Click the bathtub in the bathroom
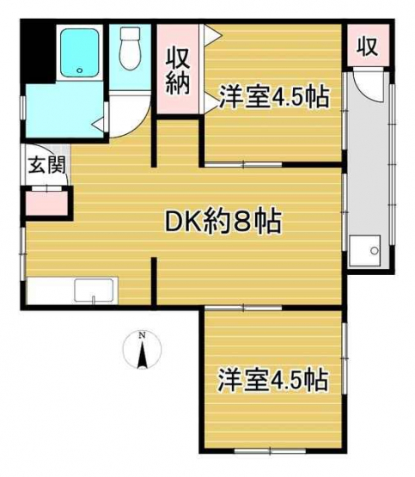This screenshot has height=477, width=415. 79,52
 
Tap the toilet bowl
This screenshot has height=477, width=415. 130,54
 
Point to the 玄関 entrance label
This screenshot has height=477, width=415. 46,165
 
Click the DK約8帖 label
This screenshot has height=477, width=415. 223,221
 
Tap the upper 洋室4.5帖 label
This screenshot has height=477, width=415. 274,97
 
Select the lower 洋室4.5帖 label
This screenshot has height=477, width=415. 272,380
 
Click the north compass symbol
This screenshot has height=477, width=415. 142,351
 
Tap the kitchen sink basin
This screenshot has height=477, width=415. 94,290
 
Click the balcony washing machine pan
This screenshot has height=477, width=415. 364,251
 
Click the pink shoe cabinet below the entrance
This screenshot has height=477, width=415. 46,204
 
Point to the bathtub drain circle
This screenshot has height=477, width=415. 80,70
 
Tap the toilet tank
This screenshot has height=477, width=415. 130,33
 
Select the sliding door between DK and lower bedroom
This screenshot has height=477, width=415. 243,308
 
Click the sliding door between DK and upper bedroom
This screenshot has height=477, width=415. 243,164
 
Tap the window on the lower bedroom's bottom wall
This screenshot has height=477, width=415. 271,451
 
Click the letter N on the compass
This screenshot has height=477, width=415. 142,335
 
